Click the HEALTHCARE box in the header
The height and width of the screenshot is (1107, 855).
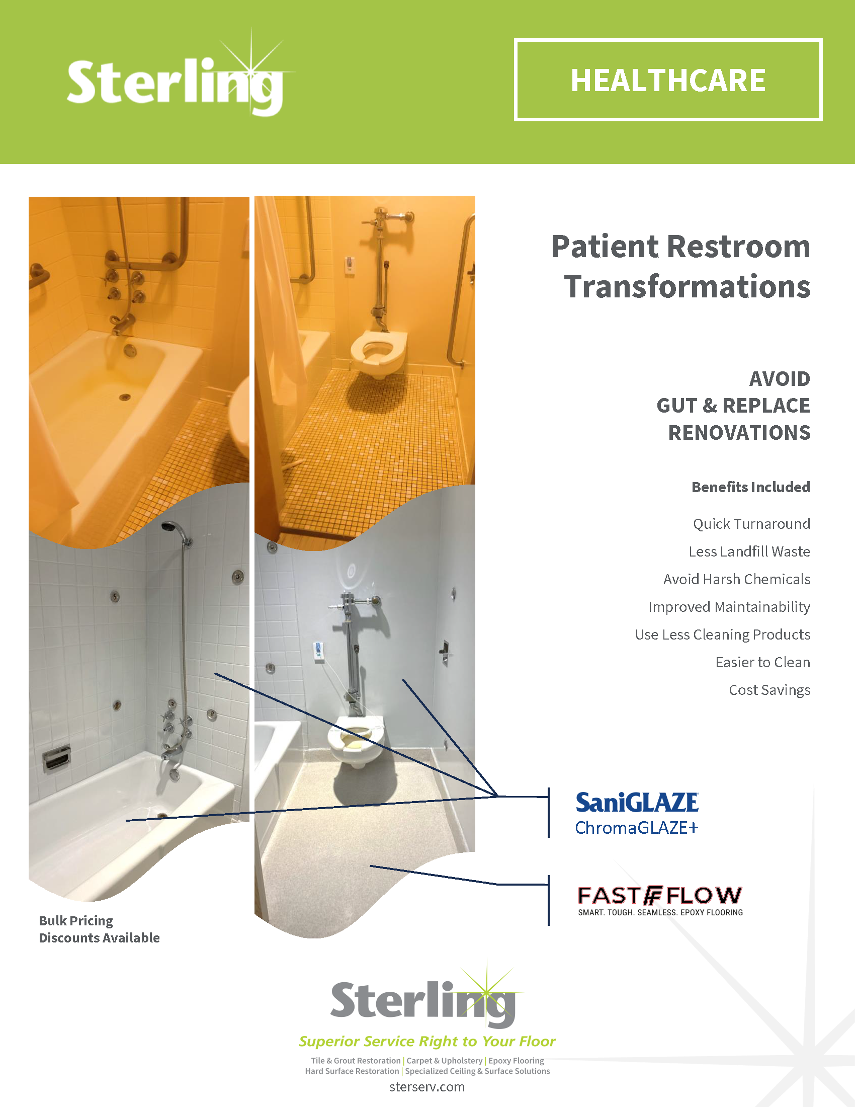(667, 80)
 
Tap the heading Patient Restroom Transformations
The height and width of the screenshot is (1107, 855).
(681, 266)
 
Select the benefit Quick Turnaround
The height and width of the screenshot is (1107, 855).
(752, 524)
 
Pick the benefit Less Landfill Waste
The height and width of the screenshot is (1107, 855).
(749, 551)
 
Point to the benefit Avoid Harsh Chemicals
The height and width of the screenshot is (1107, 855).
(737, 579)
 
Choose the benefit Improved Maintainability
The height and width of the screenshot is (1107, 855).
(729, 607)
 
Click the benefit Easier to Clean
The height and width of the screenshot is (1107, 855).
(763, 662)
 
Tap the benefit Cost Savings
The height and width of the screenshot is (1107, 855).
(769, 690)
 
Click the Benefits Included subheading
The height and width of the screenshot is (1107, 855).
(751, 487)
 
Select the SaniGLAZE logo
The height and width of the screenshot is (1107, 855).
(637, 803)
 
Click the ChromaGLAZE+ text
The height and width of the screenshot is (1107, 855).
(637, 828)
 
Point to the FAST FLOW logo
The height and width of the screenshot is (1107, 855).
(660, 900)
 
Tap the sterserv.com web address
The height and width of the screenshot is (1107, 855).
(427, 1087)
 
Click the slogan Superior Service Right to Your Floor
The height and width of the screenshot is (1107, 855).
(427, 1041)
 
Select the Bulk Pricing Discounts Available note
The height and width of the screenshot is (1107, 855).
(99, 929)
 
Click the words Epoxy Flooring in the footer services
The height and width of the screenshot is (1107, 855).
(516, 1060)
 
